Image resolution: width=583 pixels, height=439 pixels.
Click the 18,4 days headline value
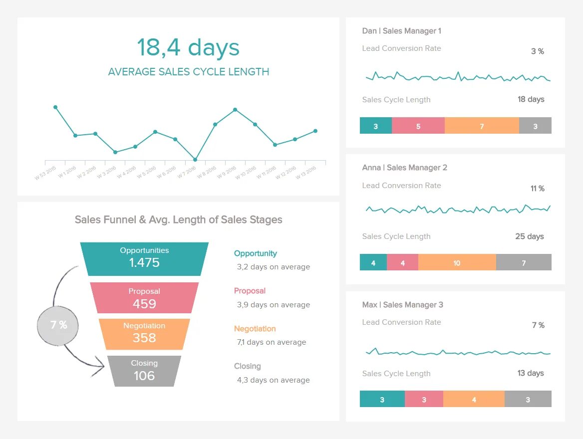pyautogui.click(x=188, y=48)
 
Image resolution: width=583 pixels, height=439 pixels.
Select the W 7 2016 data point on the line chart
pyautogui.click(x=195, y=160)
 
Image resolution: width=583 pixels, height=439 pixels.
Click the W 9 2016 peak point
pyautogui.click(x=235, y=110)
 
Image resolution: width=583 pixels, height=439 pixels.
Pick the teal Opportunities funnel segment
pyautogui.click(x=144, y=258)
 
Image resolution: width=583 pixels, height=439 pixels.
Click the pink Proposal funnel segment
pyautogui.click(x=144, y=298)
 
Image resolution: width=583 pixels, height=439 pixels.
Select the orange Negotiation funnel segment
pyautogui.click(x=144, y=334)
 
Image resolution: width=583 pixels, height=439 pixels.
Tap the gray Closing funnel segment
pyautogui.click(x=144, y=371)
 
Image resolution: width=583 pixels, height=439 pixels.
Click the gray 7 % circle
pyautogui.click(x=58, y=325)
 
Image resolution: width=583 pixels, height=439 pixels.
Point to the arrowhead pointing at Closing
pyautogui.click(x=102, y=367)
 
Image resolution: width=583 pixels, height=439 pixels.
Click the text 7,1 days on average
pyautogui.click(x=272, y=342)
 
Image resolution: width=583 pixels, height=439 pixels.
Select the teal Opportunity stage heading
pyautogui.click(x=256, y=253)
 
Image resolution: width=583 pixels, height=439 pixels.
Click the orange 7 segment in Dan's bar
pyautogui.click(x=482, y=126)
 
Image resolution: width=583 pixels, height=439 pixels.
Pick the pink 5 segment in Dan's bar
pyautogui.click(x=418, y=126)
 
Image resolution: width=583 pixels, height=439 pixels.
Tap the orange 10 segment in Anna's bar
pyautogui.click(x=457, y=263)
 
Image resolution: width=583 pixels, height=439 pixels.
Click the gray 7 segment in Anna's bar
pyautogui.click(x=524, y=263)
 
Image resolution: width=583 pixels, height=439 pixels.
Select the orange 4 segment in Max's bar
pyautogui.click(x=474, y=400)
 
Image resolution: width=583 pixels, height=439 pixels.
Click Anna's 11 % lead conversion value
pyautogui.click(x=537, y=189)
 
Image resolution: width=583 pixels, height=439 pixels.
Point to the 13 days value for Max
pyautogui.click(x=531, y=373)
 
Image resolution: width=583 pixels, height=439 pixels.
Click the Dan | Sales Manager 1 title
pyautogui.click(x=401, y=31)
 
